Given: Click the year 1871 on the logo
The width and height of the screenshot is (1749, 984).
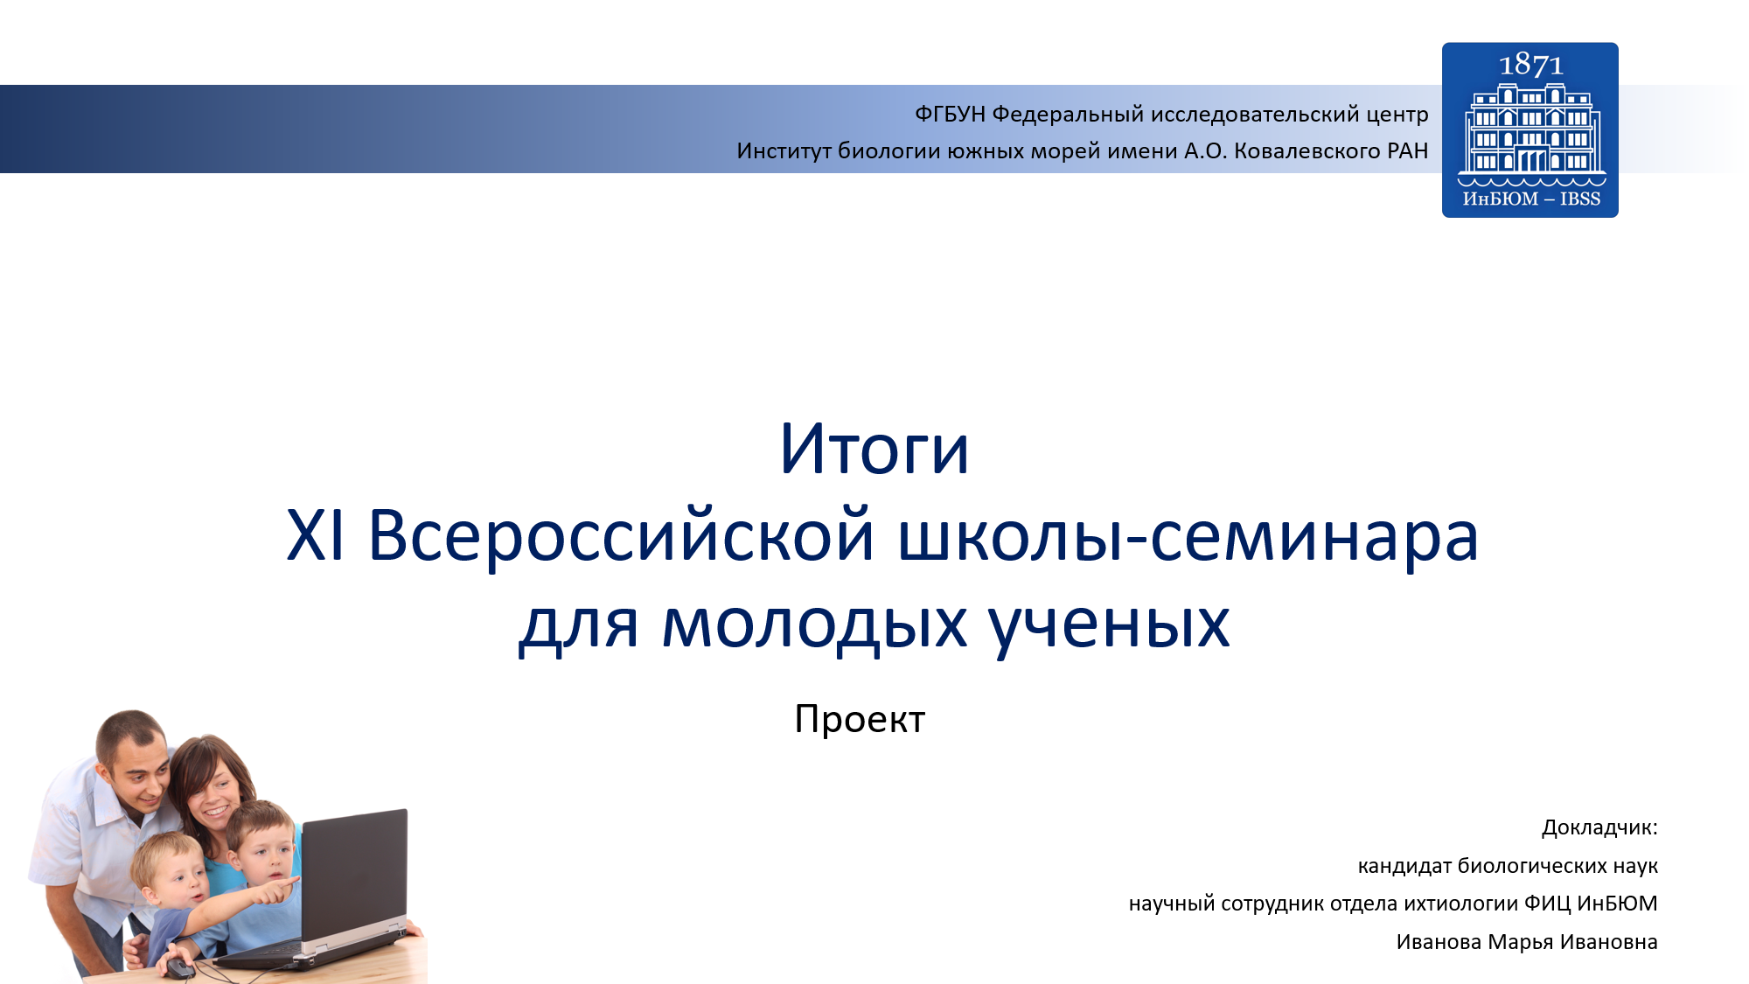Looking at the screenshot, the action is coord(1530,65).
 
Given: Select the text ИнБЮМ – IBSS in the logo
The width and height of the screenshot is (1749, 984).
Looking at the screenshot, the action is coord(1531,199).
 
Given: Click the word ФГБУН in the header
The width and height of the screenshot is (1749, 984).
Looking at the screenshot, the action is coord(950,115).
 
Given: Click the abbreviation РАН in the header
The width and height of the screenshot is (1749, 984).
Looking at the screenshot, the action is coord(1408,151).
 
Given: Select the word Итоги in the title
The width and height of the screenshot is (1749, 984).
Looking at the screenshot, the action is coord(874,449).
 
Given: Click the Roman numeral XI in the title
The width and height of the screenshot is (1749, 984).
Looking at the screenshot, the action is coord(316,535).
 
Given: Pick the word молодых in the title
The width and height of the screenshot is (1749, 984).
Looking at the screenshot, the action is coord(814,625).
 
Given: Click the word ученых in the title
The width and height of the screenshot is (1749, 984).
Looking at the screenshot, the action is coord(1109,626).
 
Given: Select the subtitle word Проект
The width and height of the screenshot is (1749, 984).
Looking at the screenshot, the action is coord(860,720).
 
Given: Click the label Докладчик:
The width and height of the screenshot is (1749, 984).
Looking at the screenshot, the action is coord(1599,827).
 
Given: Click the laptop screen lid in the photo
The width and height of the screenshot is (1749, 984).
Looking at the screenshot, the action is coord(354,875).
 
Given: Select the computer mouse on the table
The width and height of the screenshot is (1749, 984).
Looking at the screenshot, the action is coord(180,967).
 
